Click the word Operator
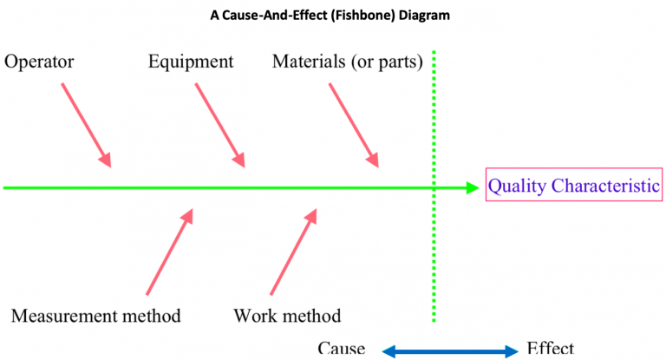[39, 62]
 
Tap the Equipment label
[191, 62]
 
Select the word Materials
[309, 62]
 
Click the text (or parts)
[387, 62]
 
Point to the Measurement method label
[96, 316]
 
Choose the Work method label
[287, 316]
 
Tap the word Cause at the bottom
[342, 348]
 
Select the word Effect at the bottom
[551, 348]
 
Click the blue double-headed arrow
[450, 351]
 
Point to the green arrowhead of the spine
[473, 188]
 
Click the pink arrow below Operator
[87, 125]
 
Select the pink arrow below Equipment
[220, 125]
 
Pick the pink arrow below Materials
[354, 125]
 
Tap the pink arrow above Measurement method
[170, 252]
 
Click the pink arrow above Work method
[294, 252]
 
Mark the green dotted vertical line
[434, 187]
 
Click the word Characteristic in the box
[605, 186]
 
